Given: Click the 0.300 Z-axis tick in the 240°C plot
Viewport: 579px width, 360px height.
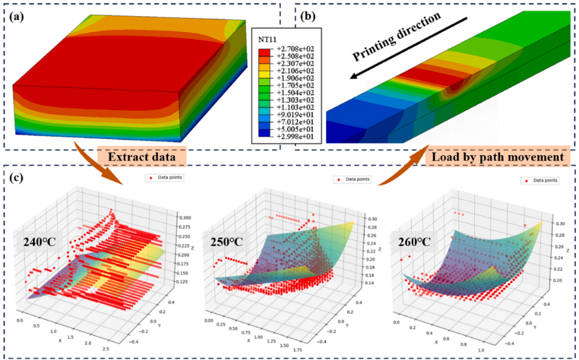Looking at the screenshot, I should pyautogui.click(x=184, y=218).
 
